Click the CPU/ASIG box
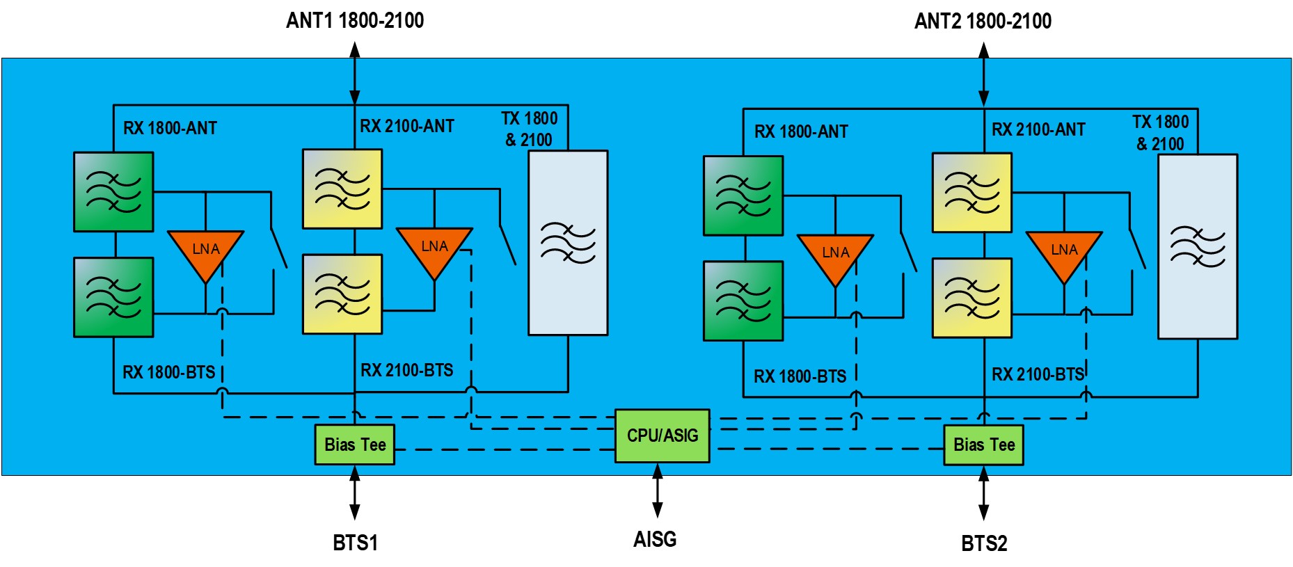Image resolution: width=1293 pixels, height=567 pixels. click(662, 436)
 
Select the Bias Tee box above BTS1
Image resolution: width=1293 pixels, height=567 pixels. click(355, 445)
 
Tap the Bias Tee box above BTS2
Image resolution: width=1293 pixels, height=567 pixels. click(983, 445)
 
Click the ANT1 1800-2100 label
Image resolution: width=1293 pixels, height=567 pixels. click(355, 21)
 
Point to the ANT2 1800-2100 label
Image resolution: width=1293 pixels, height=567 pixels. click(983, 22)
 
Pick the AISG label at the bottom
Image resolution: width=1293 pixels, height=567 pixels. click(655, 539)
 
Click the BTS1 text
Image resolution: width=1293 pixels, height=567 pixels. click(355, 543)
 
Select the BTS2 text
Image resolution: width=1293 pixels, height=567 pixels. click(984, 543)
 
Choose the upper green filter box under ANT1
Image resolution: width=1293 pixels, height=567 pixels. click(113, 192)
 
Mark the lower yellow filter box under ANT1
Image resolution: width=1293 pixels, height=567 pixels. click(342, 294)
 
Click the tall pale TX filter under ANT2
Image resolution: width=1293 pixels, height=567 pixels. click(1198, 246)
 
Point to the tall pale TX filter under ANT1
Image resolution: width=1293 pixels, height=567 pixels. click(568, 243)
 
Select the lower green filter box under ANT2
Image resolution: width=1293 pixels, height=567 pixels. click(743, 301)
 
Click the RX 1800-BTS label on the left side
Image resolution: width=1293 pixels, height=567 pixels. click(169, 372)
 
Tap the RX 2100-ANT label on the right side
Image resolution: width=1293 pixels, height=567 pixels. click(1038, 129)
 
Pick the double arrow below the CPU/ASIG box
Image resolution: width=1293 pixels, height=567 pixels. click(657, 491)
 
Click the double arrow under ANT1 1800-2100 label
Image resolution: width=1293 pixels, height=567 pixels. click(355, 74)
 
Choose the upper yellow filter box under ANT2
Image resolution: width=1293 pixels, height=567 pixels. click(972, 193)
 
